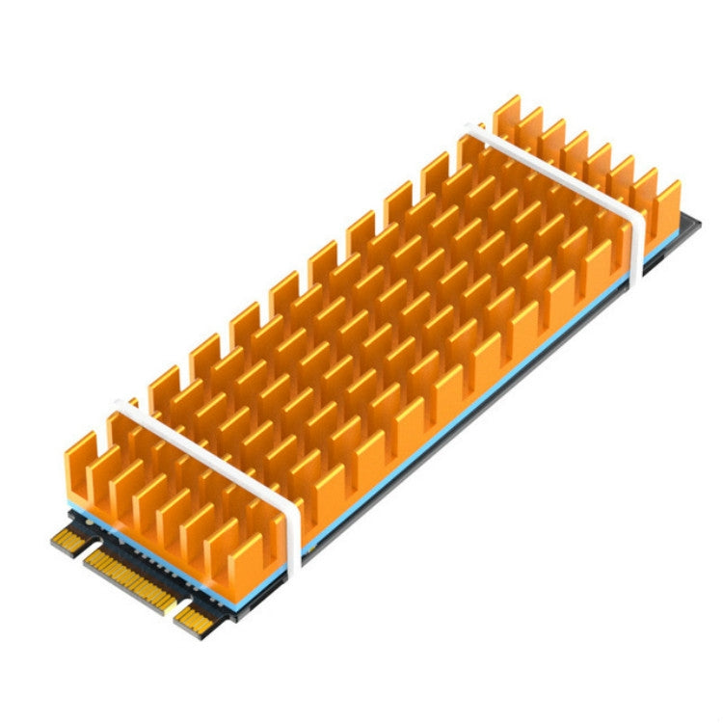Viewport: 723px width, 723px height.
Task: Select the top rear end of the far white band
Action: (x=473, y=127)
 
